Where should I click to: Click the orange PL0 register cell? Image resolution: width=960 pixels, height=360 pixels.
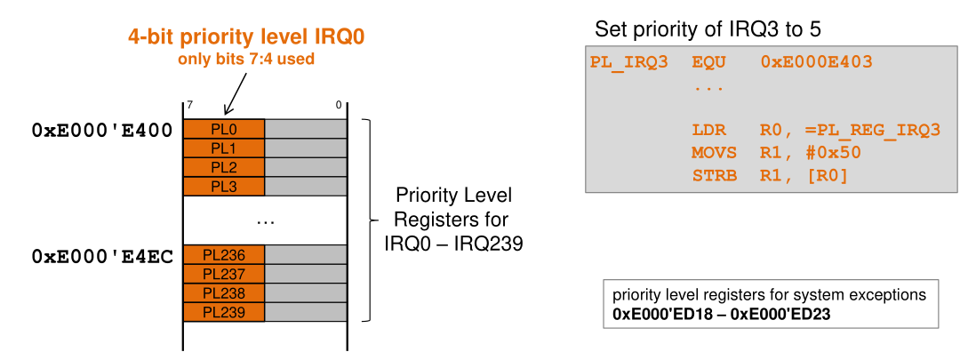click(x=224, y=129)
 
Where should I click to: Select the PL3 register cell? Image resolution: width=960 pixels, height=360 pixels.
click(x=224, y=187)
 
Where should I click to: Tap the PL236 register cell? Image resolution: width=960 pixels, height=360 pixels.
click(x=224, y=255)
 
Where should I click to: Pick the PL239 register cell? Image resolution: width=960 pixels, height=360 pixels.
click(x=224, y=312)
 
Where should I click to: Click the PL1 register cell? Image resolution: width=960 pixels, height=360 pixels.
click(x=224, y=148)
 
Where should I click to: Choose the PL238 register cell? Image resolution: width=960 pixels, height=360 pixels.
click(x=224, y=293)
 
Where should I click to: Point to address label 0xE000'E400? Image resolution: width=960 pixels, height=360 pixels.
click(x=102, y=130)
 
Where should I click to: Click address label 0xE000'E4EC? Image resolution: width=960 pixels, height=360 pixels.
click(x=102, y=256)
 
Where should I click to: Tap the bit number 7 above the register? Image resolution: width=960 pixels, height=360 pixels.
click(x=188, y=106)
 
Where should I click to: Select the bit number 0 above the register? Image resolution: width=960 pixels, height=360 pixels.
click(x=339, y=106)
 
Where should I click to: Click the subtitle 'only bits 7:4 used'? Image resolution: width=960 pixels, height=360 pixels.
click(x=246, y=60)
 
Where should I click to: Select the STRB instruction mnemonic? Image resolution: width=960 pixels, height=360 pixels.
click(x=714, y=175)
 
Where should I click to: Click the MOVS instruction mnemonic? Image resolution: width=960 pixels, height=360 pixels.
click(x=714, y=153)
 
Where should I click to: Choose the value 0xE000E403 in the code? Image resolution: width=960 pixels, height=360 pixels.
click(x=817, y=63)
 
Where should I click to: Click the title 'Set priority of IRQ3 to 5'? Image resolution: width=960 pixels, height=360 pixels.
click(x=708, y=29)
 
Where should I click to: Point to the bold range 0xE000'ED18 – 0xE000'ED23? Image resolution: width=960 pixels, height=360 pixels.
click(x=722, y=314)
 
